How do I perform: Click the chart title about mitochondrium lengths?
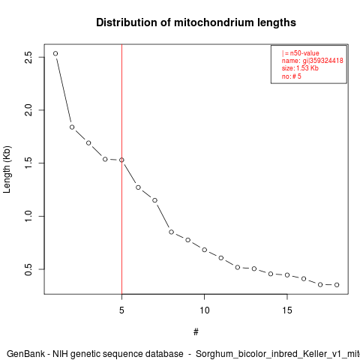[x=196, y=22]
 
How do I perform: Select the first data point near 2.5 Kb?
[x=55, y=53]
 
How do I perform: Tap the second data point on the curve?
[x=72, y=127]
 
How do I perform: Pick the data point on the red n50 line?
[x=121, y=160]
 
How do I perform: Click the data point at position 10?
[x=205, y=250]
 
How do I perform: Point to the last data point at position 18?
[x=337, y=285]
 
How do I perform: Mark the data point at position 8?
[x=171, y=232]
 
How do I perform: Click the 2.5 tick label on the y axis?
[x=28, y=57]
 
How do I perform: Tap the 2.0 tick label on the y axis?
[x=28, y=110]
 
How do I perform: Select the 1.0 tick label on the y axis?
[x=28, y=216]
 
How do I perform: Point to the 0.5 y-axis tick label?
[x=28, y=269]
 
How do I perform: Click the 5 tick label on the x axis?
[x=121, y=310]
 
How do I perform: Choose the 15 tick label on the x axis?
[x=287, y=310]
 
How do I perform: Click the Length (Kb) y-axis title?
[x=7, y=169]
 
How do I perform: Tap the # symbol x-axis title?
[x=196, y=332]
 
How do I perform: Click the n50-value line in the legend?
[x=301, y=53]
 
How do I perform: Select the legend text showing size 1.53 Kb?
[x=300, y=68]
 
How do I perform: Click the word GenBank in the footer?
[x=25, y=354]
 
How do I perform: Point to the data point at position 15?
[x=287, y=275]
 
